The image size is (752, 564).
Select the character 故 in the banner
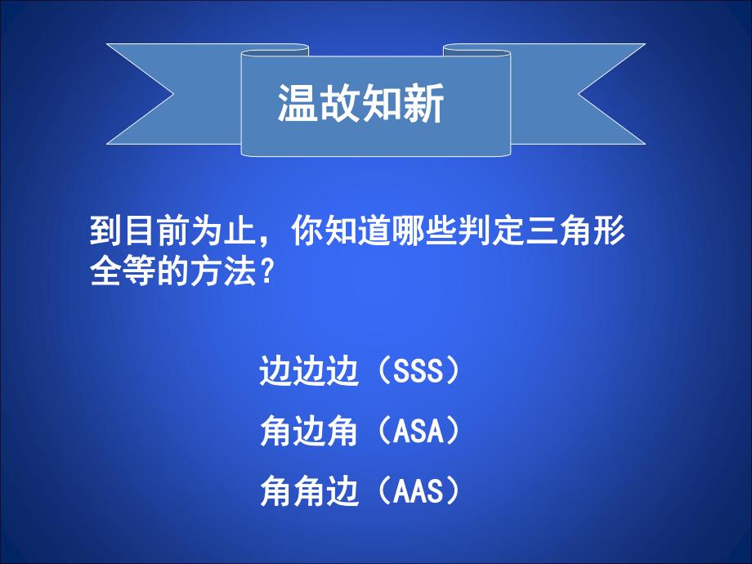[x=340, y=105]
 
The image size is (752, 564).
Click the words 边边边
[x=308, y=372]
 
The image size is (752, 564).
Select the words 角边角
[x=308, y=431]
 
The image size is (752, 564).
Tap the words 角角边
[x=308, y=491]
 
